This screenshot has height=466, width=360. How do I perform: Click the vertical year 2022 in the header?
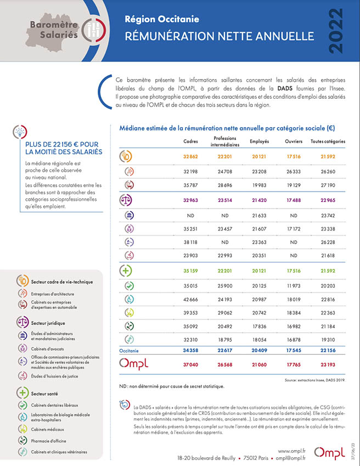coord(336,31)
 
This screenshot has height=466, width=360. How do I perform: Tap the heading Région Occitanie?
coord(162,19)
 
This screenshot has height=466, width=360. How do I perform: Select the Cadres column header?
coord(190,142)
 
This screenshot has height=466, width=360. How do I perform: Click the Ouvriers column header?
coord(294,142)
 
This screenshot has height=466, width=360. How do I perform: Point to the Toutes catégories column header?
coord(328,142)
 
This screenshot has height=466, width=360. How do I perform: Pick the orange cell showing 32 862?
coord(190,156)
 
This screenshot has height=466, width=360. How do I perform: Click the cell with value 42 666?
coord(190,300)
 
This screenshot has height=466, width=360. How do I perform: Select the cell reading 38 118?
coord(190,242)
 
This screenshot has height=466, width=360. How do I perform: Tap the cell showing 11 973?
coord(294,286)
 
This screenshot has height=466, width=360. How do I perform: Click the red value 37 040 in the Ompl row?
coord(190,364)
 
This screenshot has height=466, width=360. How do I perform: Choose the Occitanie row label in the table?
coord(129,351)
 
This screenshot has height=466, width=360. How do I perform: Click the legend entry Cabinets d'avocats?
coord(48,349)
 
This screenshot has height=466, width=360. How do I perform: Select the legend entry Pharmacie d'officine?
coord(48,441)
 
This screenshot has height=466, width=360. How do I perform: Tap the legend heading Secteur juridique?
coord(48,323)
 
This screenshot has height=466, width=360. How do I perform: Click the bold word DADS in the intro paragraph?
coord(285,88)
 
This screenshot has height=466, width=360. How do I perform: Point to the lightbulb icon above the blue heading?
coord(20,132)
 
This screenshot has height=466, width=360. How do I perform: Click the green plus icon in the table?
coord(126,271)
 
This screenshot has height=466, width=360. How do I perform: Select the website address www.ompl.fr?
coord(291,451)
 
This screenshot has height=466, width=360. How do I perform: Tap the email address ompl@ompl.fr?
coord(290,458)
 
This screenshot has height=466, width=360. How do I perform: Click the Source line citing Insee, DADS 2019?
coord(315,380)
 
